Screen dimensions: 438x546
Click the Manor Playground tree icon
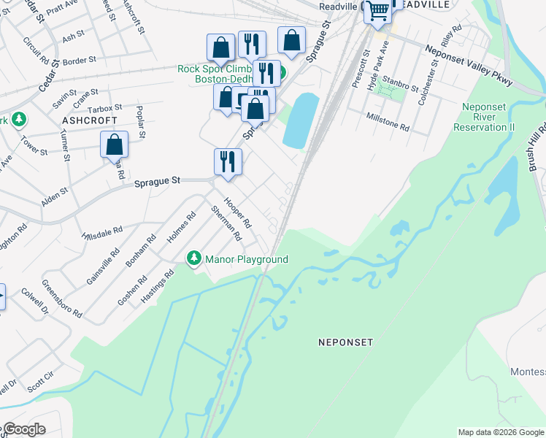(194, 258)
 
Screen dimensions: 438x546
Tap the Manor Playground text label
(247, 260)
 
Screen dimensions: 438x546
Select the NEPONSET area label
(345, 342)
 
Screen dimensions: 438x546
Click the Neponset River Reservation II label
(484, 117)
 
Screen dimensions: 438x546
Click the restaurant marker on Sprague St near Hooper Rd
(228, 162)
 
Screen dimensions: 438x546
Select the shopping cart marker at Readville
(377, 12)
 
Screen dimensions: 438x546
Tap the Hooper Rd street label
(237, 212)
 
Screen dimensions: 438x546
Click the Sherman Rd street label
(226, 223)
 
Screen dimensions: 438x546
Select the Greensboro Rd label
(61, 299)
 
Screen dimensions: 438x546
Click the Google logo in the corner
(23, 429)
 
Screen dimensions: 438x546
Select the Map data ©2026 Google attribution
(501, 432)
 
